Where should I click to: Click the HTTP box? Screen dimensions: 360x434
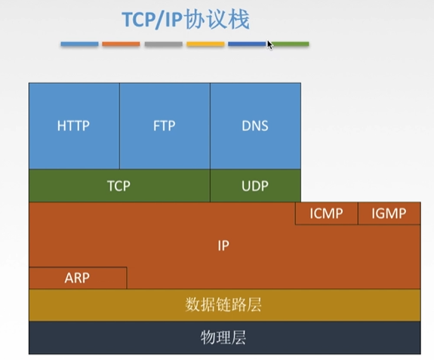(x=73, y=125)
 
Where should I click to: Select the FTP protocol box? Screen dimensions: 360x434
(x=164, y=125)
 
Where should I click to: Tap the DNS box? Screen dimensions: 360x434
(x=255, y=125)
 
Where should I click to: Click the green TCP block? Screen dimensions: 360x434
(x=119, y=186)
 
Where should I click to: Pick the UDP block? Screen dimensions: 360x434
(x=255, y=186)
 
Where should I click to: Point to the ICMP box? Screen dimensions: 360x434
(x=326, y=214)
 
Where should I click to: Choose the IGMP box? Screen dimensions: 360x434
(x=389, y=214)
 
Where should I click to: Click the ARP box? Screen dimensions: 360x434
(x=77, y=278)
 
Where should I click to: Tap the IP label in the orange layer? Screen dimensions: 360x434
(x=223, y=245)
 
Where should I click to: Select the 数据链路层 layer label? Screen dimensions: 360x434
(x=223, y=305)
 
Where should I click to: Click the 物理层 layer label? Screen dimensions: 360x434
(x=223, y=337)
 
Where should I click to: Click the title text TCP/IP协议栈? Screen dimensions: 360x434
(x=185, y=19)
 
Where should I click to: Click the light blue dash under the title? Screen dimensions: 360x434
(x=79, y=45)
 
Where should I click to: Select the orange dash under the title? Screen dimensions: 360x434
(x=121, y=45)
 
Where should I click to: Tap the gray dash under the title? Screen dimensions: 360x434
(x=163, y=45)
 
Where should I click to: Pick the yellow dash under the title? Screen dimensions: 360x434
(x=205, y=45)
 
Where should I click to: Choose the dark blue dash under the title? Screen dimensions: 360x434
(x=246, y=45)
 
